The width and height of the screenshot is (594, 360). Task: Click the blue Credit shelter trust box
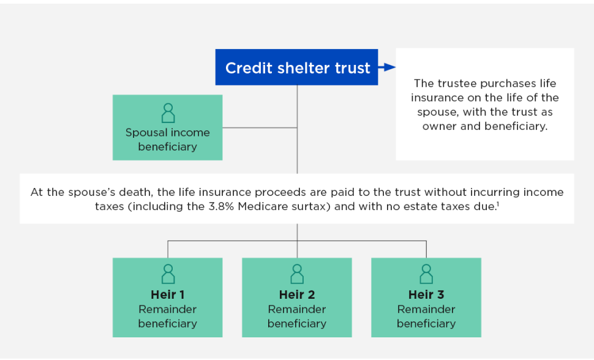pyautogui.click(x=297, y=67)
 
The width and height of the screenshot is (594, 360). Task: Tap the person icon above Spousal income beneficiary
pyautogui.click(x=168, y=113)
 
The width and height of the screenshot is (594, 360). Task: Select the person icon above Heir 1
pyautogui.click(x=168, y=273)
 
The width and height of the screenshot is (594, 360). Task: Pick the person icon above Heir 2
pyautogui.click(x=297, y=273)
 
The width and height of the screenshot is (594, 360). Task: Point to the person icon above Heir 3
pyautogui.click(x=426, y=273)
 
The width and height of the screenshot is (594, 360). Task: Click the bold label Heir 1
pyautogui.click(x=168, y=295)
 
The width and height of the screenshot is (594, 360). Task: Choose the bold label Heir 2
pyautogui.click(x=297, y=295)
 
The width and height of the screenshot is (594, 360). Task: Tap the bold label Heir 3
pyautogui.click(x=426, y=295)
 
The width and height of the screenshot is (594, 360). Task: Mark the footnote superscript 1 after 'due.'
pyautogui.click(x=497, y=203)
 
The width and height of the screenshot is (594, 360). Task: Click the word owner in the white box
pyautogui.click(x=439, y=126)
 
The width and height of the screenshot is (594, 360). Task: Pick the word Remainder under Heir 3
pyautogui.click(x=426, y=309)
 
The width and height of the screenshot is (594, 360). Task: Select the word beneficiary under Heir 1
pyautogui.click(x=168, y=323)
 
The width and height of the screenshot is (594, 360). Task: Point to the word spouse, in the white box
pyautogui.click(x=436, y=112)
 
